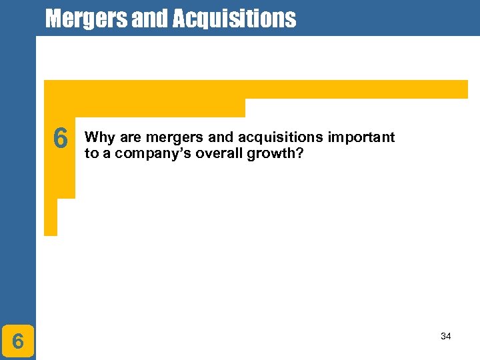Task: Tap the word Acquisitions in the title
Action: tap(234, 19)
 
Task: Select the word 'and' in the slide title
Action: tap(151, 19)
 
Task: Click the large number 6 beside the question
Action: tap(60, 139)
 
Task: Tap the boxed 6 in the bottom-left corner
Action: tap(18, 341)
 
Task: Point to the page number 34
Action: tap(445, 336)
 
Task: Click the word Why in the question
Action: tap(100, 138)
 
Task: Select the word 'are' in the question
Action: tap(131, 138)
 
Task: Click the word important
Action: tap(361, 138)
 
